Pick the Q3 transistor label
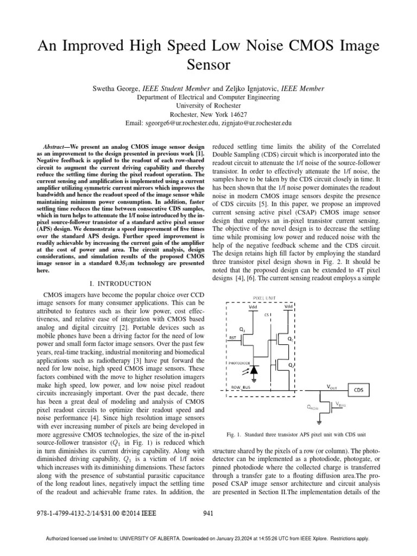click(242, 329)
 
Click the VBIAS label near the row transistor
click(340, 403)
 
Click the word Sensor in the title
click(208, 65)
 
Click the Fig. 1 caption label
click(236, 435)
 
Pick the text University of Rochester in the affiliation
click(208, 106)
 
